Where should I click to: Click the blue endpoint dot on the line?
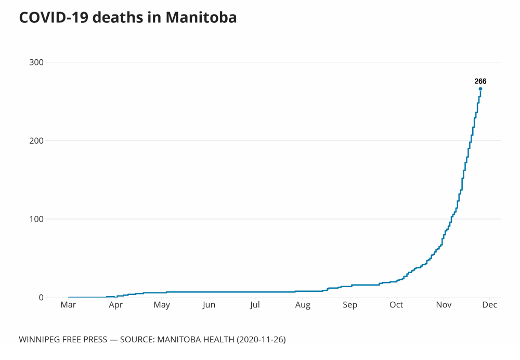[480, 89]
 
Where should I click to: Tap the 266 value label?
[480, 81]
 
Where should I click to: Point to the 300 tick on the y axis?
[36, 62]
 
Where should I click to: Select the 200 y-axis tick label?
[36, 141]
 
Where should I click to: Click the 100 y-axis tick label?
[36, 219]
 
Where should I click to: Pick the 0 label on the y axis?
[41, 298]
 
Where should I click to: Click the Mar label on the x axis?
[69, 305]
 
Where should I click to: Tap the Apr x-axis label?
[115, 305]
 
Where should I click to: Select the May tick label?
[162, 305]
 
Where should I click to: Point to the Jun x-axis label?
[209, 305]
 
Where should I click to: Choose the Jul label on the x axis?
[255, 305]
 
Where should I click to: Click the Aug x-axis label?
[303, 305]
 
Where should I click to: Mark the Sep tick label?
[350, 305]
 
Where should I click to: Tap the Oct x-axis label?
[396, 305]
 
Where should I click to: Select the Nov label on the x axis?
[444, 305]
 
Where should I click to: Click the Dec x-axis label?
[489, 305]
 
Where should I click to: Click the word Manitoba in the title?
[201, 18]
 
